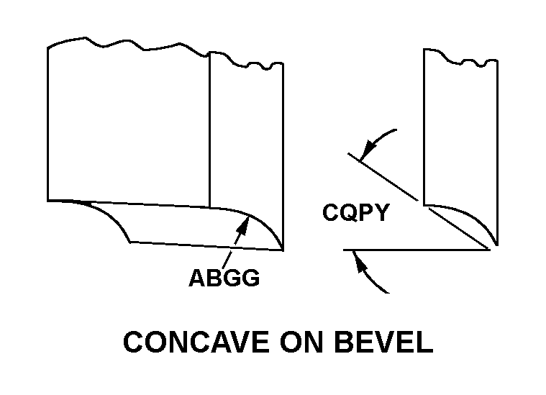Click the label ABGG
point(224,278)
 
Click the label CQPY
point(355,213)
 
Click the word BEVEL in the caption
point(384,342)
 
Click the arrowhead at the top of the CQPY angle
point(366,152)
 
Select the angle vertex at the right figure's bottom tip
point(491,249)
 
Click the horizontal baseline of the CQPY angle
point(417,250)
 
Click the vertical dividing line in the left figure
point(209,130)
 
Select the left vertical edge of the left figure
point(48,122)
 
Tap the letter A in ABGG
point(197,278)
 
